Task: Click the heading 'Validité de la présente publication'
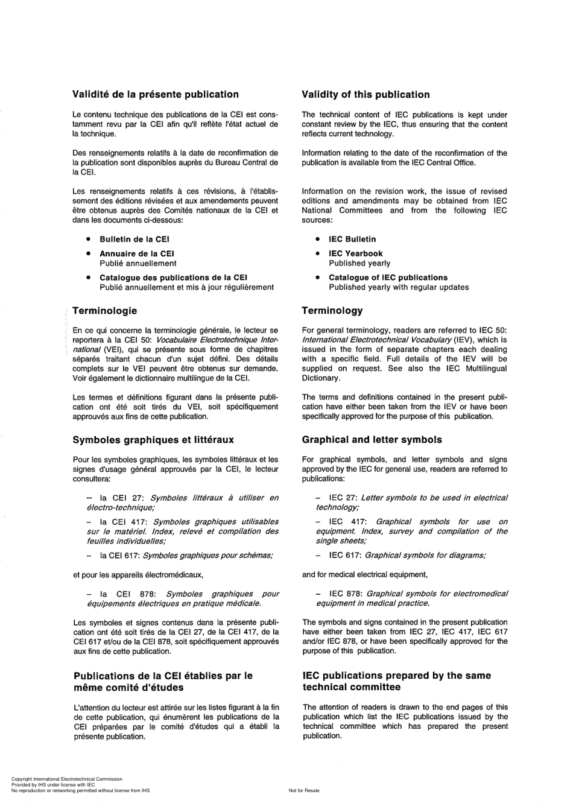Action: [x=155, y=94]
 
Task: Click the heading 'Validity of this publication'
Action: [x=366, y=95]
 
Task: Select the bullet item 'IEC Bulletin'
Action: [x=352, y=239]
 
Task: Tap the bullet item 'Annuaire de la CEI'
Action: [x=136, y=253]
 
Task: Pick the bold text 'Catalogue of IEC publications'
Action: [x=388, y=278]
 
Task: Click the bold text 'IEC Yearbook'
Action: [x=355, y=253]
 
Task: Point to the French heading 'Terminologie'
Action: [x=104, y=311]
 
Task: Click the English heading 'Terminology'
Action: [x=332, y=311]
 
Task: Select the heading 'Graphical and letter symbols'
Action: [x=372, y=440]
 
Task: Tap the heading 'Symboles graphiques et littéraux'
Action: [x=153, y=440]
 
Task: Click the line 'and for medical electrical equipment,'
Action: [x=365, y=574]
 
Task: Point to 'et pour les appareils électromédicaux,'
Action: [x=138, y=574]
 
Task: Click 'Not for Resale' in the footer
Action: [x=304, y=790]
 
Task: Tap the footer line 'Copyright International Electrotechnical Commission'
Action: [x=66, y=779]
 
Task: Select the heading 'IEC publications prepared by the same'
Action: [x=396, y=676]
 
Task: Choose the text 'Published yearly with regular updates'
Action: [x=399, y=287]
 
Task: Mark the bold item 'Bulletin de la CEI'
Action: [x=135, y=239]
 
